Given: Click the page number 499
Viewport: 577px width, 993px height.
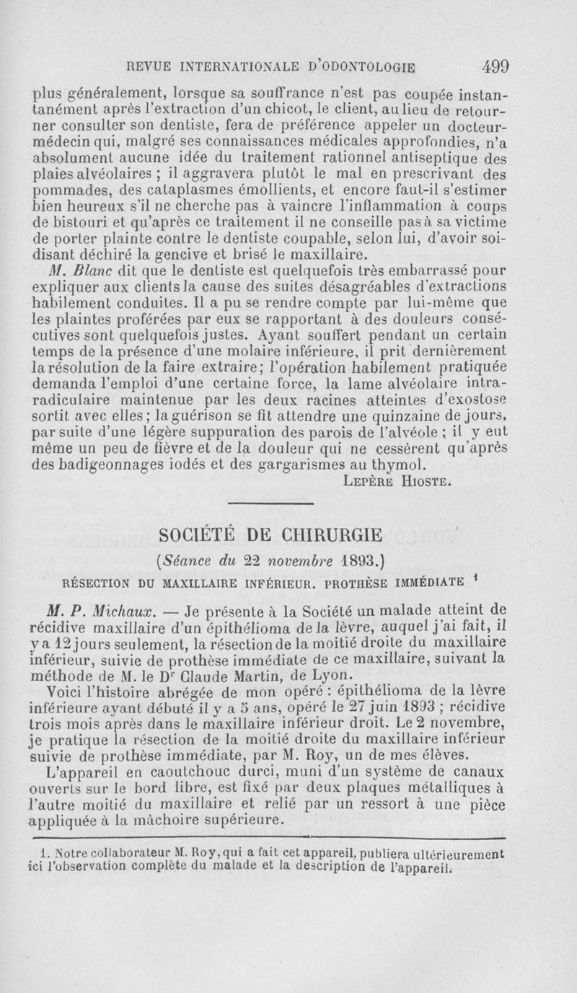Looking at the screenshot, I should point(496,66).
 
